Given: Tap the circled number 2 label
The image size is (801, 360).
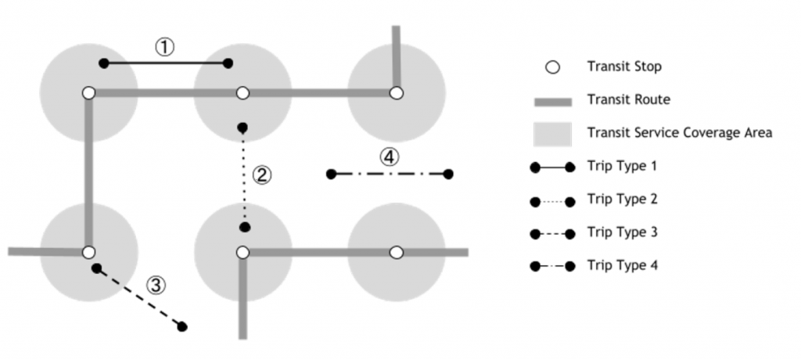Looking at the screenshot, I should pos(264,175).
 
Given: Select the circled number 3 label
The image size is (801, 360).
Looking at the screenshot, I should pos(156,284).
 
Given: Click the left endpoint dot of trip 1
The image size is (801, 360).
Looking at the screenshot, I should pos(103,63).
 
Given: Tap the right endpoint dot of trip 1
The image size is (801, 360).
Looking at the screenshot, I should pos(228,63).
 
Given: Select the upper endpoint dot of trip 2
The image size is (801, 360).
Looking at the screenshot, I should pos(242,128).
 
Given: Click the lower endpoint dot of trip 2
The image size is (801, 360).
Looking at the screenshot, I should pos(245,227).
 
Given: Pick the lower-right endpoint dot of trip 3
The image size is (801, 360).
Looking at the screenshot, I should pos(182,326).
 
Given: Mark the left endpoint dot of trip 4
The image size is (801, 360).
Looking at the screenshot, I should pos(331,174).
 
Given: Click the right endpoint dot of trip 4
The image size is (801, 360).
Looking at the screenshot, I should pos(448,174).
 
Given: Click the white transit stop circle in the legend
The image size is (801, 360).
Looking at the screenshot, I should pos(552,67).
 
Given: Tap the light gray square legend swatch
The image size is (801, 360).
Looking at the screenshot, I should pos(551,133).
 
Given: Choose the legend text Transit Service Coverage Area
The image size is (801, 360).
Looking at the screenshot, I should pos(680,133).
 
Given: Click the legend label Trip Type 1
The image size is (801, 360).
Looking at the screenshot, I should pos(623,166).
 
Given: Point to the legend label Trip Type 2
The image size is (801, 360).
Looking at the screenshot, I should pos(623,200).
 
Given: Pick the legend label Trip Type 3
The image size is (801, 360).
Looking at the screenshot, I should pos(623,232).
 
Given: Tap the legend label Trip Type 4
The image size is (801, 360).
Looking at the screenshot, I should pos(623,265).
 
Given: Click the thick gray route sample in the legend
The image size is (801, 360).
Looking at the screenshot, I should pos(552,101).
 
